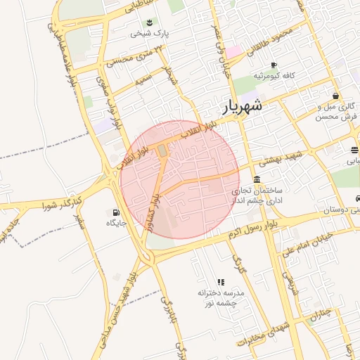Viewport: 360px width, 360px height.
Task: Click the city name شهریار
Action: point(242,107)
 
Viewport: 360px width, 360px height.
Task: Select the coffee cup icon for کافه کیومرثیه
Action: point(274,65)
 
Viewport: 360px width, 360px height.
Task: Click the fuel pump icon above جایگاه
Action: point(115,212)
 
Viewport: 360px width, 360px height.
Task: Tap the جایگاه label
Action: point(115,223)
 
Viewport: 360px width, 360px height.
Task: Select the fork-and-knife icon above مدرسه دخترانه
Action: point(221,281)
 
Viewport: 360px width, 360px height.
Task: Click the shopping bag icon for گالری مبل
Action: point(336,96)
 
